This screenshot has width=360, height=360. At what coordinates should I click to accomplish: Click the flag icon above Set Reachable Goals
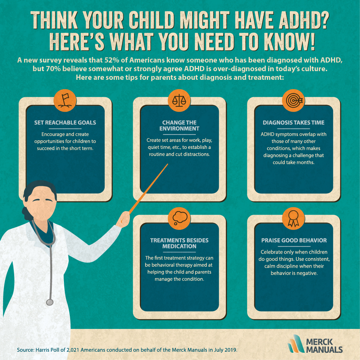(65, 100)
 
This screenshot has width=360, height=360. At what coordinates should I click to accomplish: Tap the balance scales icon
(179, 100)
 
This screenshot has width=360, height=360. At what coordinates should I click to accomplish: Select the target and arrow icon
(293, 100)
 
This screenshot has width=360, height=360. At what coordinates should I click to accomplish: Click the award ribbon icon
(293, 218)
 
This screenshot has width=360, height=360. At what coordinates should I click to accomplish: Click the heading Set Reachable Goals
(65, 123)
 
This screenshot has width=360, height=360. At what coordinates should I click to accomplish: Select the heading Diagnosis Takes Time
(294, 123)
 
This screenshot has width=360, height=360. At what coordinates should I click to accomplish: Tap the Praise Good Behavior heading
(294, 240)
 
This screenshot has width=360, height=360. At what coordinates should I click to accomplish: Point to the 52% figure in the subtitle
(112, 60)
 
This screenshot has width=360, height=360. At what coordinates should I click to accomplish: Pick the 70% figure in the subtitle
(53, 69)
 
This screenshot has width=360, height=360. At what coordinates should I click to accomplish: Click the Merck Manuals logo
(315, 344)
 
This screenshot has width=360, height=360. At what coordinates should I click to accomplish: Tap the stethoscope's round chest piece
(50, 302)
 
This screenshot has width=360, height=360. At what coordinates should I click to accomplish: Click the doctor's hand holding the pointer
(123, 219)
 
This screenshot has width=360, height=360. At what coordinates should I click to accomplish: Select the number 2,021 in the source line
(73, 350)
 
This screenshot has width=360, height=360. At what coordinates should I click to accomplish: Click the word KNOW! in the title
(290, 41)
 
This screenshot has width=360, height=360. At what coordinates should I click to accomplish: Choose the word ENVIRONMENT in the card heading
(179, 129)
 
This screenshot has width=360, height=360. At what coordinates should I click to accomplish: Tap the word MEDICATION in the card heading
(179, 246)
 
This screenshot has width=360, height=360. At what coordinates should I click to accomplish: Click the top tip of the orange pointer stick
(168, 164)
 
